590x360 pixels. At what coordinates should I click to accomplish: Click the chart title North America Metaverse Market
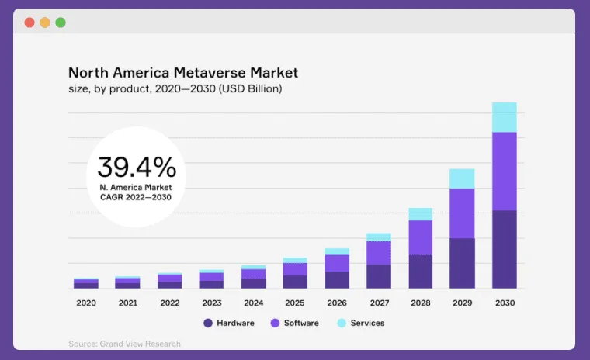point(183,73)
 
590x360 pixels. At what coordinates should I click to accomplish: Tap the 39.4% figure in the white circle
point(137,168)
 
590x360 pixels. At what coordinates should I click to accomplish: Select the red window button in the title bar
point(29,22)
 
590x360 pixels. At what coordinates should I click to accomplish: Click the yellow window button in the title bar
point(45,22)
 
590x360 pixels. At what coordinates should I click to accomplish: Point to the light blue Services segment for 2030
point(504,117)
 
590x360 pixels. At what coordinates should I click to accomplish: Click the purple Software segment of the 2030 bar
point(504,171)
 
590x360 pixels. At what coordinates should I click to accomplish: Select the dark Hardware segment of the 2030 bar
point(504,249)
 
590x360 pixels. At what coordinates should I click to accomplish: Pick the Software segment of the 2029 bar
point(462,213)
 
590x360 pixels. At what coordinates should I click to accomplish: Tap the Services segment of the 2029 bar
point(462,178)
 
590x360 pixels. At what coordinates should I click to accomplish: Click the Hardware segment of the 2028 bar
point(420,272)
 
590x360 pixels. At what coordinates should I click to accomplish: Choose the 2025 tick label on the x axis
point(294,303)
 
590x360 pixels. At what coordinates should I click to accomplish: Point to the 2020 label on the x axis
point(85,303)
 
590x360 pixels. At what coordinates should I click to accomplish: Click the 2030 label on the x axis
point(504,303)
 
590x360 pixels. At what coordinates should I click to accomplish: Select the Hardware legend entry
point(229,323)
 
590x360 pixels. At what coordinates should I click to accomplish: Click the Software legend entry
point(294,323)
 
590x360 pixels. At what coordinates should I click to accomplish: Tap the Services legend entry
point(361,323)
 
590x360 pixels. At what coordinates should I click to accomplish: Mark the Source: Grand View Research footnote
point(124,344)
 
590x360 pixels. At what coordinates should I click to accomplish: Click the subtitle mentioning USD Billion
point(175,89)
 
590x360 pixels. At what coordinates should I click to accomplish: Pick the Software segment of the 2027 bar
point(378,252)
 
